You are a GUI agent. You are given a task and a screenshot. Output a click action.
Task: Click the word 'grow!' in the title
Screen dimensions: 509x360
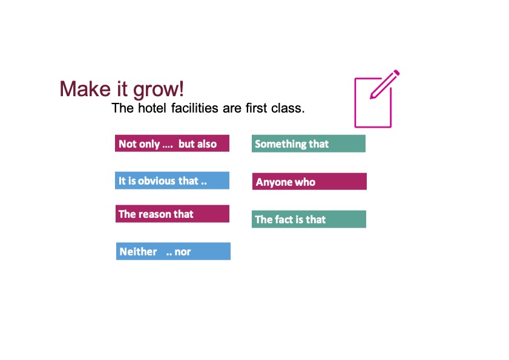point(159,90)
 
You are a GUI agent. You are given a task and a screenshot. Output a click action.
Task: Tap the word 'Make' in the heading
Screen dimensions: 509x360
point(85,88)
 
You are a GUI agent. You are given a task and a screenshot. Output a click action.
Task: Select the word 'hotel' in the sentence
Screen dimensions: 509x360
point(152,108)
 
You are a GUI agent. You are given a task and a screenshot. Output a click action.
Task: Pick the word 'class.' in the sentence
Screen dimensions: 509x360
point(288,108)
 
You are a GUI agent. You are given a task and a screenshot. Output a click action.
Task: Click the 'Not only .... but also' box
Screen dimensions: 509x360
point(172,143)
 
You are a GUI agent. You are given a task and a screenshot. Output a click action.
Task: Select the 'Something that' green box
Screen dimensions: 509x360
point(309,143)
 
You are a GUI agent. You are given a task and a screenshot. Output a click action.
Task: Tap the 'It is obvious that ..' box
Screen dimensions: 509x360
point(172,180)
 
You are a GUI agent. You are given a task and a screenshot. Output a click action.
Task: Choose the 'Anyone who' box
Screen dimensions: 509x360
point(310,181)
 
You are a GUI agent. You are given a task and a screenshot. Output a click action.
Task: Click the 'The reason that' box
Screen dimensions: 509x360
point(172,214)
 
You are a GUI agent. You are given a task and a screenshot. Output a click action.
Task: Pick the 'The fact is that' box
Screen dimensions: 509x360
point(309,219)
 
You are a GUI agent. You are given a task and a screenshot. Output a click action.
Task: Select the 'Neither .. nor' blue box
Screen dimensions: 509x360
point(173,251)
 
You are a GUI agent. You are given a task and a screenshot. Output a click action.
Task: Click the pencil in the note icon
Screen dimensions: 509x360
point(385,84)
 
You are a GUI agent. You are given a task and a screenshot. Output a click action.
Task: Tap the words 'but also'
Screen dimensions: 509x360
point(197,144)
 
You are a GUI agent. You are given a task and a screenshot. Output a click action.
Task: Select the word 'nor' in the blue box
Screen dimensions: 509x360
point(182,252)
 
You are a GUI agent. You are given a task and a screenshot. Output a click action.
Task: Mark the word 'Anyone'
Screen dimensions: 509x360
point(274,182)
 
